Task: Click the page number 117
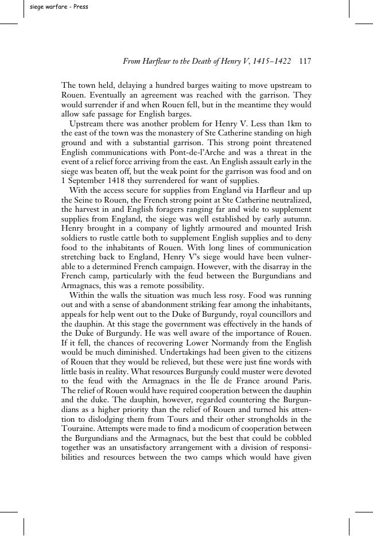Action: tap(305, 61)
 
